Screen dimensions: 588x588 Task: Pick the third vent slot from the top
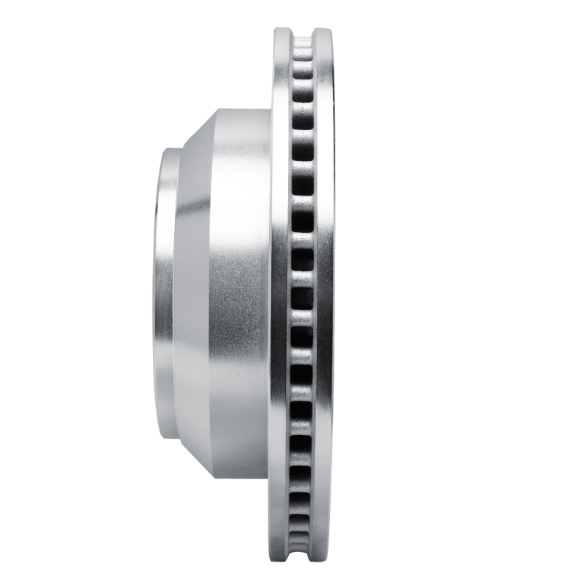[x=302, y=95]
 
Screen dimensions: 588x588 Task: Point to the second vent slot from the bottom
[x=302, y=518]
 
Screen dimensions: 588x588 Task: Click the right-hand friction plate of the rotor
[x=324, y=294]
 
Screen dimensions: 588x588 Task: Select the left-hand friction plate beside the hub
[x=279, y=294]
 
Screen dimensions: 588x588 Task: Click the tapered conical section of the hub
[x=193, y=294]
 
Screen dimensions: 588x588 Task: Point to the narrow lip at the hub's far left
[x=163, y=294]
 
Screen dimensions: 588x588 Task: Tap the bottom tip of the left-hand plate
[x=280, y=557]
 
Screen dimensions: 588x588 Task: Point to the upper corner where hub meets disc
[x=271, y=110]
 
